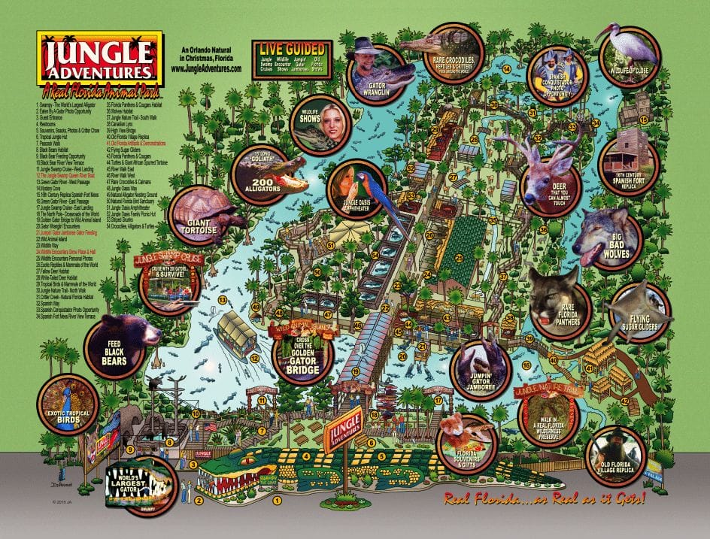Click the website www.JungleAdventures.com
click(206, 68)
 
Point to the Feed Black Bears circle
click(117, 346)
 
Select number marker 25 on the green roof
click(457, 259)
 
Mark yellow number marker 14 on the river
click(507, 69)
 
